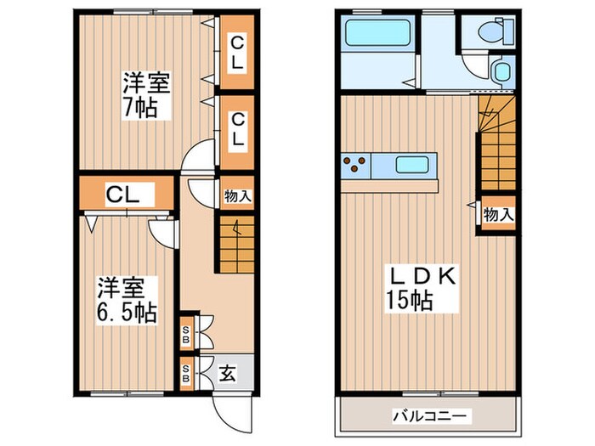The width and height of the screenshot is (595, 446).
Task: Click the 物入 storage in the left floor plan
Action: pos(237,196)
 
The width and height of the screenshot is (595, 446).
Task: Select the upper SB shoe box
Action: pos(186,334)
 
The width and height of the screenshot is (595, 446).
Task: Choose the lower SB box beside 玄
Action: pos(186,374)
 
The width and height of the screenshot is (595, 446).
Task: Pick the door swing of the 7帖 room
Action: pos(197,158)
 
